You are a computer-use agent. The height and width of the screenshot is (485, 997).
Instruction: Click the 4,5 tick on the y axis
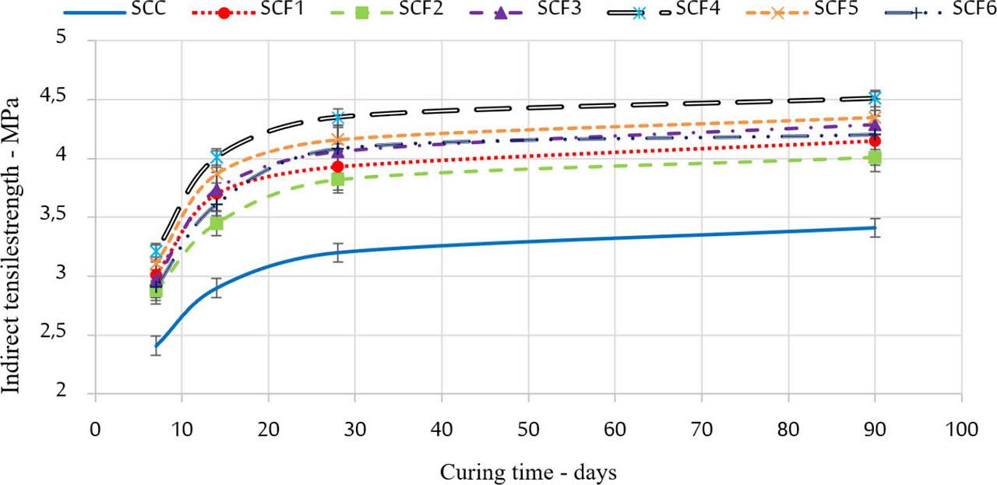pyautogui.click(x=70, y=99)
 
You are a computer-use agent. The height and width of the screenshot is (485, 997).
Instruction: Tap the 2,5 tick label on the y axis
pyautogui.click(x=70, y=335)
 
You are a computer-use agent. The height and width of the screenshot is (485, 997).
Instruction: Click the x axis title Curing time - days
pyautogui.click(x=530, y=472)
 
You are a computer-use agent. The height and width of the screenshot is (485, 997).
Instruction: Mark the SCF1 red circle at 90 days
pyautogui.click(x=875, y=141)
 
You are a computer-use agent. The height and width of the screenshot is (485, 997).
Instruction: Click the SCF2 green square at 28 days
pyautogui.click(x=338, y=179)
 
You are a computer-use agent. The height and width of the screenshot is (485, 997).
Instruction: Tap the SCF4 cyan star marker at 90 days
pyautogui.click(x=875, y=98)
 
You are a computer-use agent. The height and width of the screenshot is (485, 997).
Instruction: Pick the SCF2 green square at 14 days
pyautogui.click(x=217, y=224)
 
